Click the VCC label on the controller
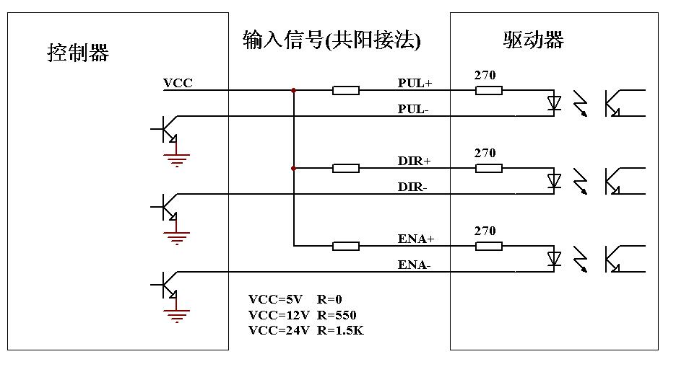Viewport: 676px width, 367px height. (x=178, y=83)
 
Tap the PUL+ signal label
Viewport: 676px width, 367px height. (x=415, y=83)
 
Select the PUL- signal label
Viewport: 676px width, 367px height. (x=414, y=109)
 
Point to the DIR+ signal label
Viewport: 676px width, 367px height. (x=414, y=160)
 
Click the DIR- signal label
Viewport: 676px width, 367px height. (x=414, y=187)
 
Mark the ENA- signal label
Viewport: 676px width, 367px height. (x=414, y=265)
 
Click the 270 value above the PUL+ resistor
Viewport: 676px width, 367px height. (x=485, y=75)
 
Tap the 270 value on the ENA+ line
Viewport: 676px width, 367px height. (x=485, y=231)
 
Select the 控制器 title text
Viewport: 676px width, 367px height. (x=78, y=53)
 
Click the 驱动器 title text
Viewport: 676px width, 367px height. (x=533, y=40)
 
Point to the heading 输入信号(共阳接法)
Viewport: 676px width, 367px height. (x=331, y=40)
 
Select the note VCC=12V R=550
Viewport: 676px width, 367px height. (x=302, y=314)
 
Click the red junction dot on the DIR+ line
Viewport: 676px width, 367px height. (x=293, y=168)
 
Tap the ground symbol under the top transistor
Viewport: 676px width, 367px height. (x=176, y=157)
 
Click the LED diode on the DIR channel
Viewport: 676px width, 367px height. (x=554, y=180)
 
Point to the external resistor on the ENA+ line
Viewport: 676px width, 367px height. (x=345, y=246)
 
